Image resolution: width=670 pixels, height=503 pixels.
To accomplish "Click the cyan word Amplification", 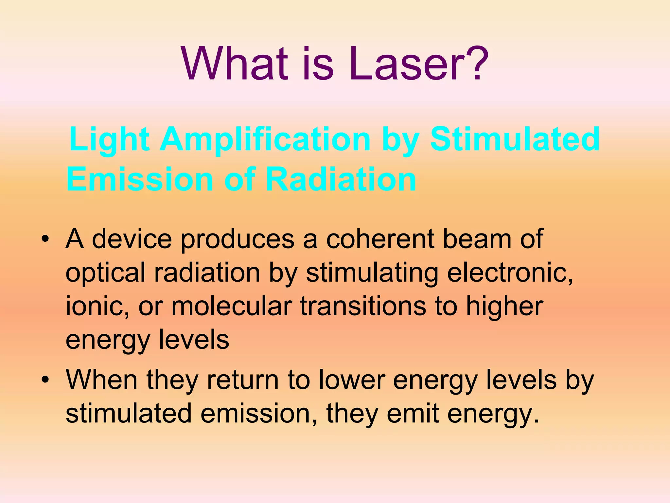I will (x=265, y=140).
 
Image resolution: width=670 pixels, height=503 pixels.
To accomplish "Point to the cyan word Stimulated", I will (x=515, y=139).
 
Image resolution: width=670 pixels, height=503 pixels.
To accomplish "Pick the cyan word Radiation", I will (x=340, y=179).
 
